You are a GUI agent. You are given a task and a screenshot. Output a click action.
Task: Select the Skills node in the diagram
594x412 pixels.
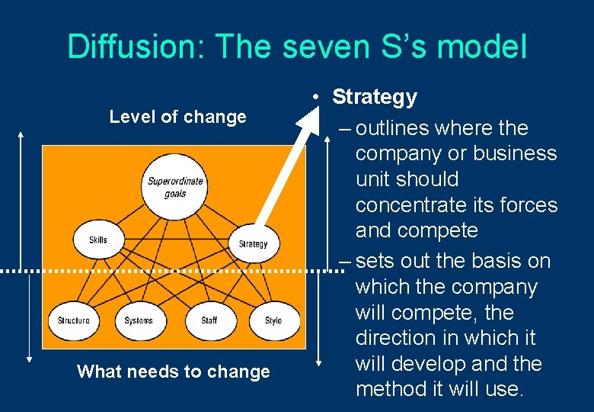pyautogui.click(x=98, y=240)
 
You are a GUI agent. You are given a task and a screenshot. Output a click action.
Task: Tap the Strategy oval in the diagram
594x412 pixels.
pyautogui.click(x=253, y=244)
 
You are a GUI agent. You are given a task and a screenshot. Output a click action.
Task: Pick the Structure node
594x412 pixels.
pyautogui.click(x=73, y=320)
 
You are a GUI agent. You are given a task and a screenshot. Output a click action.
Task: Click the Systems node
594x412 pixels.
pyautogui.click(x=139, y=320)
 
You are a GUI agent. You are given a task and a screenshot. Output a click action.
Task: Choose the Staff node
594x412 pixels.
pyautogui.click(x=209, y=320)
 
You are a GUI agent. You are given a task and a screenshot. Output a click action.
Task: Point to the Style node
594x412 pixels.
pyautogui.click(x=273, y=320)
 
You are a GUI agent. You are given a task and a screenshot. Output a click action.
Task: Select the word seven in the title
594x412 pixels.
pyautogui.click(x=331, y=47)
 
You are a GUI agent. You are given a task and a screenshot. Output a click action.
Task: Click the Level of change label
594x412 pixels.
pyautogui.click(x=177, y=117)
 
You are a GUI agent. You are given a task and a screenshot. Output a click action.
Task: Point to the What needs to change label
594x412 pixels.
pyautogui.click(x=174, y=372)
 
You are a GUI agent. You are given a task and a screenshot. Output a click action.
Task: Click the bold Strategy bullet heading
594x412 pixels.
pyautogui.click(x=375, y=97)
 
